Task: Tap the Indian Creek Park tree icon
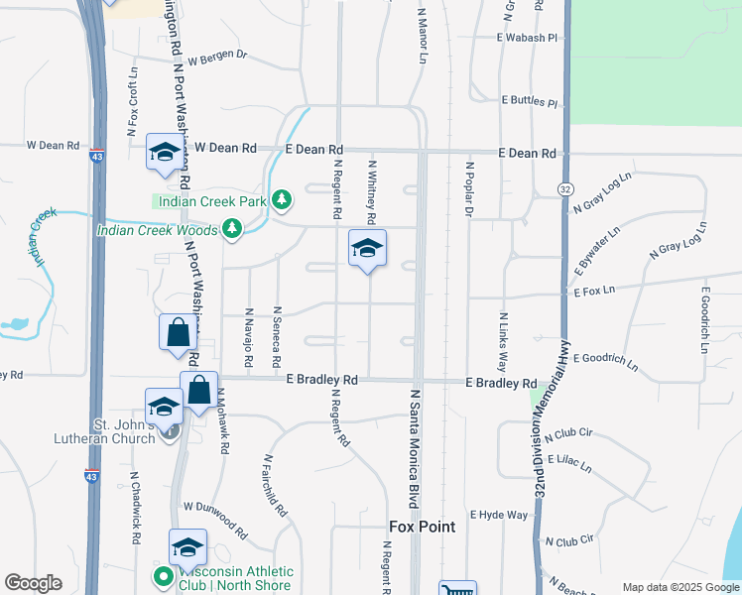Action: coord(283,201)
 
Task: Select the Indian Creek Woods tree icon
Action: coord(232,230)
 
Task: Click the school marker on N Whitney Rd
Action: coord(367,249)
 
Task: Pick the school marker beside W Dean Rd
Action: coord(163,153)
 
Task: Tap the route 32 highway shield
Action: coord(565,188)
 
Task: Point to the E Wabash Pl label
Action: coord(528,38)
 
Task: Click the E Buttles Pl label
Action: coord(531,101)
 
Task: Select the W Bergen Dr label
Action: coord(216,57)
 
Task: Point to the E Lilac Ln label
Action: coord(568,462)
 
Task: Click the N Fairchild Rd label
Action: coord(275,486)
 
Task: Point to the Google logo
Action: coord(33,583)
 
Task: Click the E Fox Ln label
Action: coord(594,291)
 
